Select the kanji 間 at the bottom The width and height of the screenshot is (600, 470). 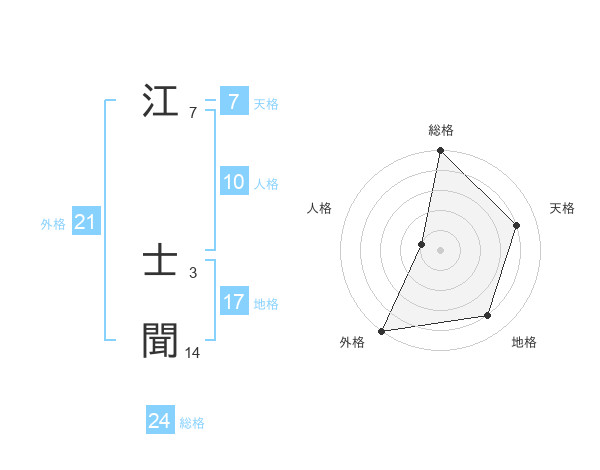pyautogui.click(x=161, y=340)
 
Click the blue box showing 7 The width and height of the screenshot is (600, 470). pyautogui.click(x=233, y=102)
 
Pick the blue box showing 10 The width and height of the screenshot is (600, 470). pyautogui.click(x=233, y=183)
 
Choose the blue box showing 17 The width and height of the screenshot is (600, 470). pyautogui.click(x=233, y=302)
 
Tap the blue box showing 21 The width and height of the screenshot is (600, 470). pyautogui.click(x=85, y=223)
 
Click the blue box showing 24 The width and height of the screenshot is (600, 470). pyautogui.click(x=160, y=422)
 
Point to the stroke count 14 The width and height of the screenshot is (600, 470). pyautogui.click(x=193, y=352)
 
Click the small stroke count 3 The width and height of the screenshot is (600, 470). pyautogui.click(x=192, y=272)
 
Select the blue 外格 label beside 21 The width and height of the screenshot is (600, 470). pyautogui.click(x=53, y=224)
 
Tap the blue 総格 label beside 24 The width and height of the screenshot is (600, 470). pyautogui.click(x=192, y=423)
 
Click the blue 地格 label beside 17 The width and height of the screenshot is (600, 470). pyautogui.click(x=266, y=303)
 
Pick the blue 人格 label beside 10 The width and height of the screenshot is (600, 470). pyautogui.click(x=266, y=184)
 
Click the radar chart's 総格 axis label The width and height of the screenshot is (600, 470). pyautogui.click(x=441, y=130)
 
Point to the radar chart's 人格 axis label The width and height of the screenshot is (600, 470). pyautogui.click(x=319, y=208)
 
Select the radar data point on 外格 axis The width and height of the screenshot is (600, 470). pyautogui.click(x=382, y=331)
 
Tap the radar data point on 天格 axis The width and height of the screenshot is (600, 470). pyautogui.click(x=517, y=225)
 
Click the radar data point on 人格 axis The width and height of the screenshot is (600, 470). pyautogui.click(x=422, y=244)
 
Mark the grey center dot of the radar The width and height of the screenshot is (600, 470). pyautogui.click(x=441, y=250)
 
